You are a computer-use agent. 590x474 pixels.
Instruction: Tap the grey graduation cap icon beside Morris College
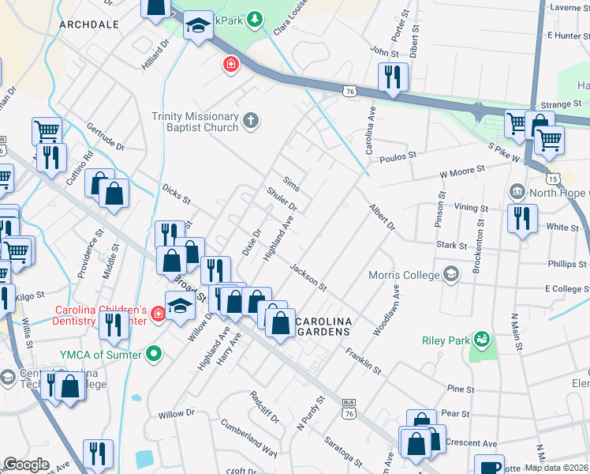click(451, 274)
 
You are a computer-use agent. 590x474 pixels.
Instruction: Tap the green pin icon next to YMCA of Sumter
click(155, 355)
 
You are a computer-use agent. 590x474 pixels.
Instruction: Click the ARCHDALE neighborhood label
click(89, 24)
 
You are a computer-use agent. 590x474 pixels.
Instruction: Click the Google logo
click(26, 465)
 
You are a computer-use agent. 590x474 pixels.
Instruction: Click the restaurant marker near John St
click(392, 77)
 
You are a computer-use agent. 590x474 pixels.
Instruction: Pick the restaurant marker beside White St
click(522, 217)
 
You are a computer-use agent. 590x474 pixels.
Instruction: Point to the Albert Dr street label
click(382, 217)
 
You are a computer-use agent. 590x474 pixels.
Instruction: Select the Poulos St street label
click(398, 156)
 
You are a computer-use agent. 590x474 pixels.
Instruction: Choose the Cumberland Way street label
click(249, 439)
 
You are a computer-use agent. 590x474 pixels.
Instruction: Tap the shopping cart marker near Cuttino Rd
click(47, 131)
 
